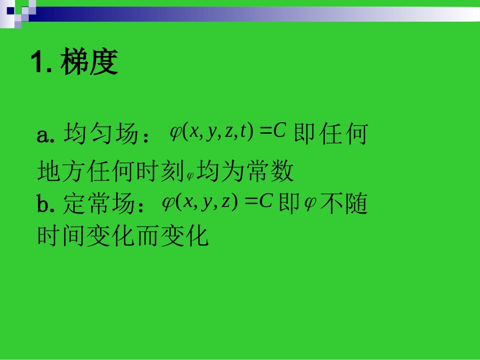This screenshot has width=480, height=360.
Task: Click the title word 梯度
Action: pos(89,64)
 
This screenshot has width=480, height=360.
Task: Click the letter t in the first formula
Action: pos(244,132)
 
